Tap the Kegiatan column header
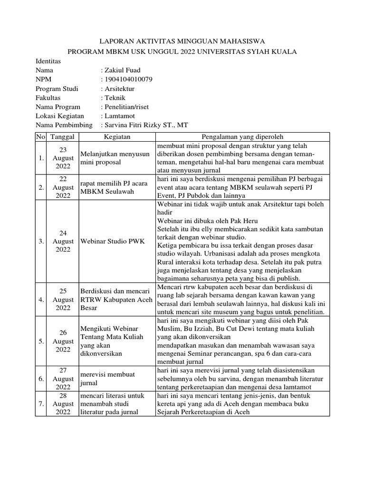point(117,137)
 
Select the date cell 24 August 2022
point(63,242)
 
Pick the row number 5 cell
point(41,341)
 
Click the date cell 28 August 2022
point(63,404)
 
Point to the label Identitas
point(48,61)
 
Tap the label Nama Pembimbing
point(65,125)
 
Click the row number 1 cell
point(41,158)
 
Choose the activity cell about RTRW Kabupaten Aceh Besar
point(115,300)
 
